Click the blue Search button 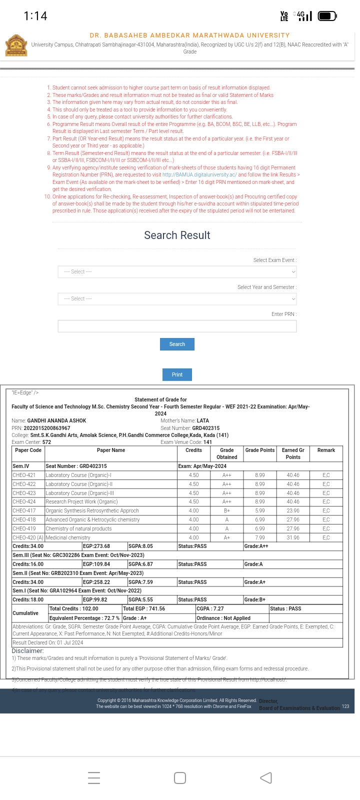coord(177,344)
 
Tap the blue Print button coord(177,374)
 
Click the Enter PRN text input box coord(177,326)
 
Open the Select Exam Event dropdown coord(177,271)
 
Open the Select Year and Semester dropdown coord(177,298)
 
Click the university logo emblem coord(16,45)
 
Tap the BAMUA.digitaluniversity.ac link coord(199,175)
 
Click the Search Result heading coord(177,235)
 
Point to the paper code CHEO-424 coord(24,502)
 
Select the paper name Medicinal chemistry coord(68,537)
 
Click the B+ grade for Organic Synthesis coord(226,511)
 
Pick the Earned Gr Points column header coord(293,453)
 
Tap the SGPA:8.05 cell coord(141,546)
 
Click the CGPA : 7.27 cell coord(210,609)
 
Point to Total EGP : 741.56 coord(144,609)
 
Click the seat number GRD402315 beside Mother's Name coord(205,428)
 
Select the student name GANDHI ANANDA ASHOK coord(56,421)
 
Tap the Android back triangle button coord(266,777)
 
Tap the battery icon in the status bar coord(327,16)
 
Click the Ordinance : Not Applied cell coord(223,618)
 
